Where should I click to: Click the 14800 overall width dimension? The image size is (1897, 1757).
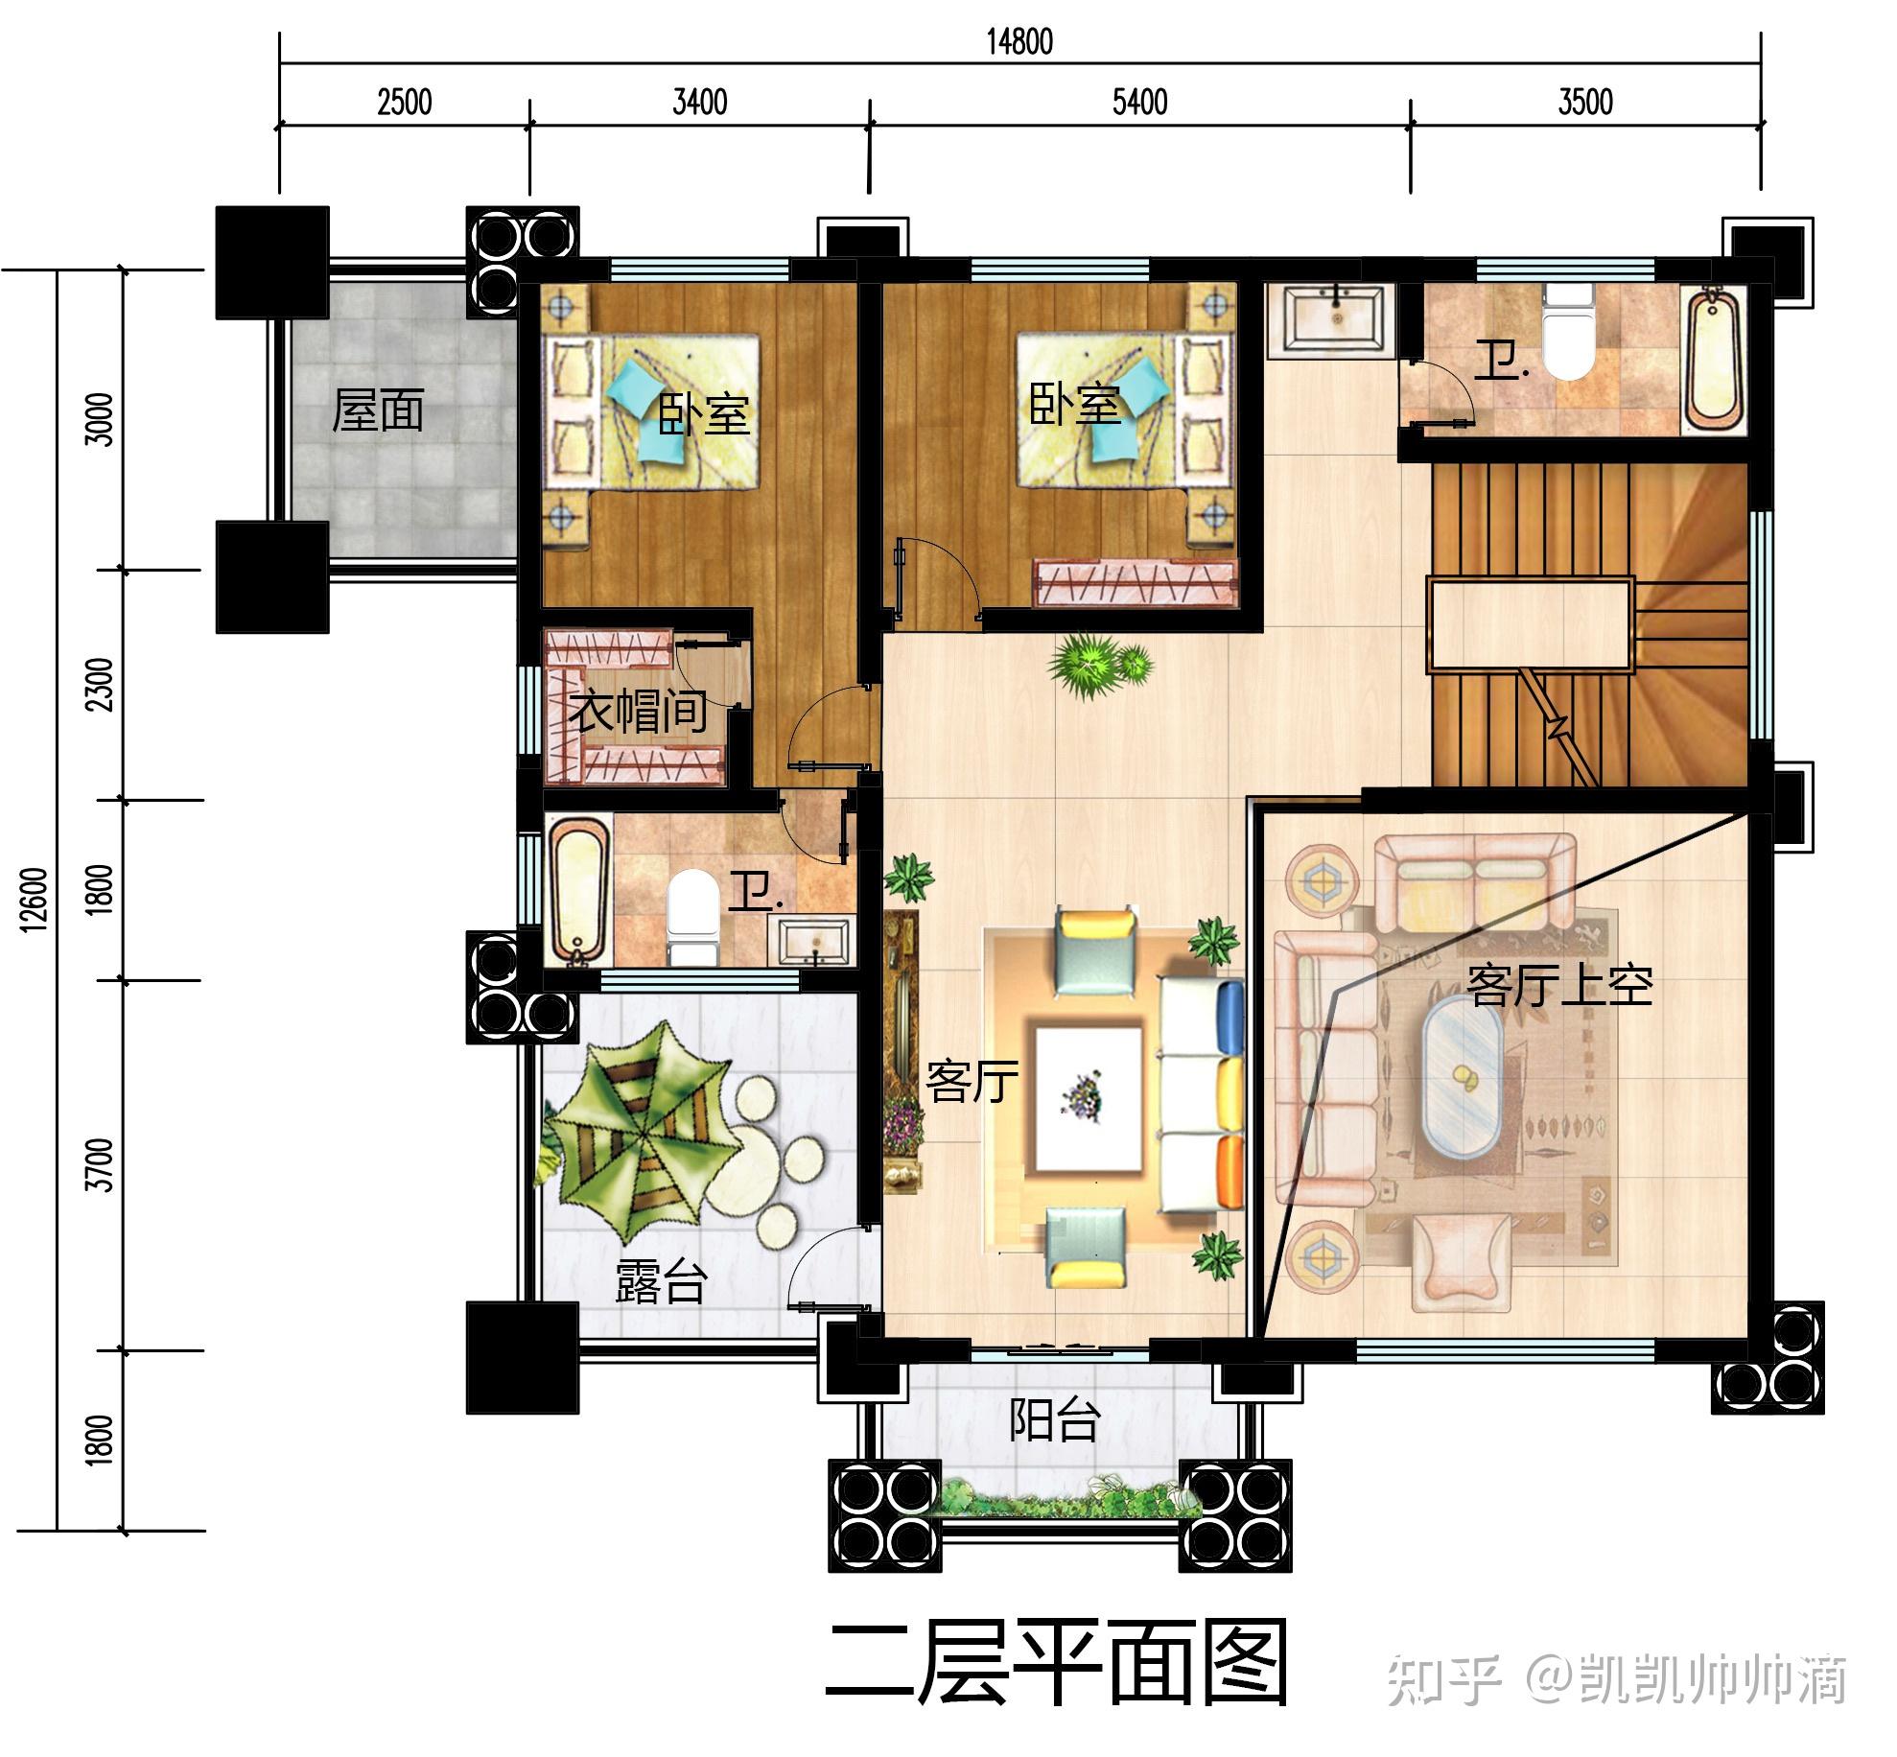[1019, 41]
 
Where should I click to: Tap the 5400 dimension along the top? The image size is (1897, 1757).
[1139, 102]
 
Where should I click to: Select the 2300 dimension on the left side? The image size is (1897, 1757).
[101, 684]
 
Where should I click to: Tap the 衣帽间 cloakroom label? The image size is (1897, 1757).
[638, 711]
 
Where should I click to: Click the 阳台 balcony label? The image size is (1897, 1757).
[1053, 1419]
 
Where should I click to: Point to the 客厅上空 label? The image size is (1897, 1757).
[1559, 985]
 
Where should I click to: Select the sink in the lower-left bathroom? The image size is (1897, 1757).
[814, 942]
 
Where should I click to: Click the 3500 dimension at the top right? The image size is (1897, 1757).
[1584, 102]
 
